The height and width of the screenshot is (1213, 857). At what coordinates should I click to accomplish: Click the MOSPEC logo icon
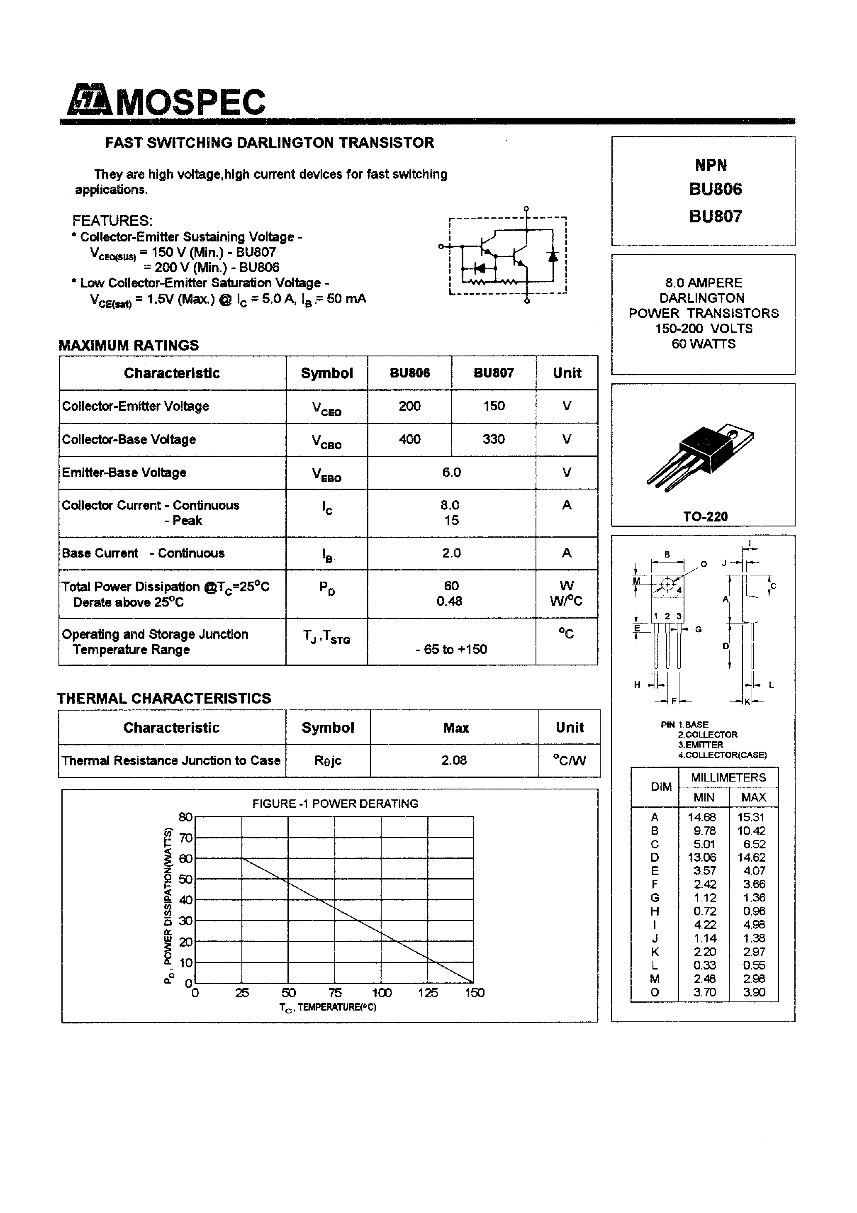pyautogui.click(x=89, y=100)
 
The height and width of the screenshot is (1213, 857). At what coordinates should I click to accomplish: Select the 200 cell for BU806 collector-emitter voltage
pyautogui.click(x=409, y=406)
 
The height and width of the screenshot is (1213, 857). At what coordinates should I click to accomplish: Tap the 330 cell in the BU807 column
pyautogui.click(x=494, y=440)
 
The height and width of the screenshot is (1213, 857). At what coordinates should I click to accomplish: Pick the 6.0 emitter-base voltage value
pyautogui.click(x=451, y=473)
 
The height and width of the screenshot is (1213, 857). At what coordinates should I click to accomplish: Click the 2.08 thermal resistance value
pyautogui.click(x=454, y=760)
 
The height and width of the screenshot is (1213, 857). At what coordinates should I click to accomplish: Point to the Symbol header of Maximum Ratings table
pyautogui.click(x=326, y=373)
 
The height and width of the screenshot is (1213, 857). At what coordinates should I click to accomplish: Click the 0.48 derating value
pyautogui.click(x=449, y=601)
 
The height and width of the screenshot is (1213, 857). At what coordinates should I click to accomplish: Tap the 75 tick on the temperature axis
pyautogui.click(x=335, y=993)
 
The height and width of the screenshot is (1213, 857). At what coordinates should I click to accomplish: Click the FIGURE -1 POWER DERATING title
pyautogui.click(x=335, y=804)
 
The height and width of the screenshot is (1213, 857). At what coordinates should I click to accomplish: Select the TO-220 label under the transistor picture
pyautogui.click(x=705, y=517)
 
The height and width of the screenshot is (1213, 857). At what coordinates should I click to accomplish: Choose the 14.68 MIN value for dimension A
pyautogui.click(x=702, y=817)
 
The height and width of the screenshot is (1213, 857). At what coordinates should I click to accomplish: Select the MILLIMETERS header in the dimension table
pyautogui.click(x=728, y=778)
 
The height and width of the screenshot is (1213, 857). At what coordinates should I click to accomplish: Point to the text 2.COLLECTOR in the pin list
pyautogui.click(x=708, y=735)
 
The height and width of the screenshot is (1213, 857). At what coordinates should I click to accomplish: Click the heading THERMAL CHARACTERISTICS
pyautogui.click(x=164, y=699)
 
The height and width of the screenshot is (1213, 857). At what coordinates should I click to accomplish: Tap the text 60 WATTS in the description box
pyautogui.click(x=703, y=344)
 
